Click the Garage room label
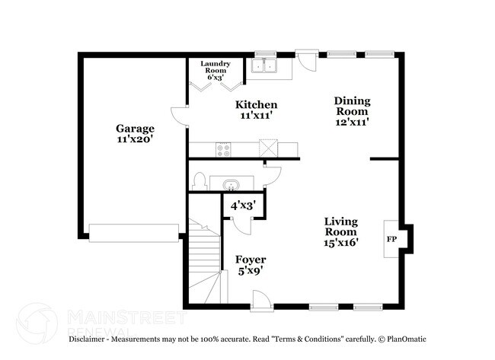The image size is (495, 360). tap(135, 129)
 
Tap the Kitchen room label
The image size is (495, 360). tap(256, 104)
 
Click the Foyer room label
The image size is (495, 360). tap(250, 260)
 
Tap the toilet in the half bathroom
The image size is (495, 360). tap(200, 181)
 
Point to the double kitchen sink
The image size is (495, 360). tap(266, 66)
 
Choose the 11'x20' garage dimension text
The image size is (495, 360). tap(135, 140)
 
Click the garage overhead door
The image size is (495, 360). tap(134, 231)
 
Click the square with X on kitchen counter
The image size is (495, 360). tap(268, 147)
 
